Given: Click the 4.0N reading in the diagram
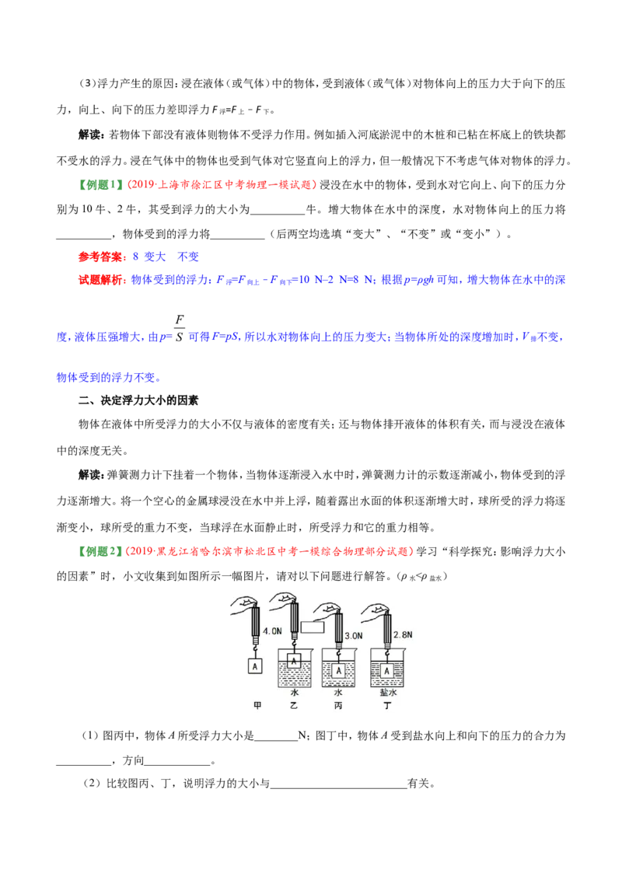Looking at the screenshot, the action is [x=272, y=630].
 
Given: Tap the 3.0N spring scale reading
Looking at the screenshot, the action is [x=353, y=636].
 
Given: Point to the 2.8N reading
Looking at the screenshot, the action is [x=403, y=634].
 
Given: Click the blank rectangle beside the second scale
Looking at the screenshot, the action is [x=312, y=627].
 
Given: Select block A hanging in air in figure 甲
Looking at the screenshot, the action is [x=255, y=666].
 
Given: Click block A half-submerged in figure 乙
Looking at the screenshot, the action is [x=294, y=662].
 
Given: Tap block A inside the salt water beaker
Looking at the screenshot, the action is [x=386, y=671].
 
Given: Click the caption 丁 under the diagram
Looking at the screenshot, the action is [x=387, y=705].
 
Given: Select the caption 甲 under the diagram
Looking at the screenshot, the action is [x=257, y=705].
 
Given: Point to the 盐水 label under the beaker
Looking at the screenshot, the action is [x=388, y=693].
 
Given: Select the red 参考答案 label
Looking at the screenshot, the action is [x=102, y=257].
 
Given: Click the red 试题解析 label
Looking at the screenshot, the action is [x=102, y=280].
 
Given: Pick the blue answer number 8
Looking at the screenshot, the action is [x=135, y=257].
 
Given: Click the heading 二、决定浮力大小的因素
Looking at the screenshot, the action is [x=138, y=400].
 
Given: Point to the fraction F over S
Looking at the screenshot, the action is [x=179, y=328].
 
